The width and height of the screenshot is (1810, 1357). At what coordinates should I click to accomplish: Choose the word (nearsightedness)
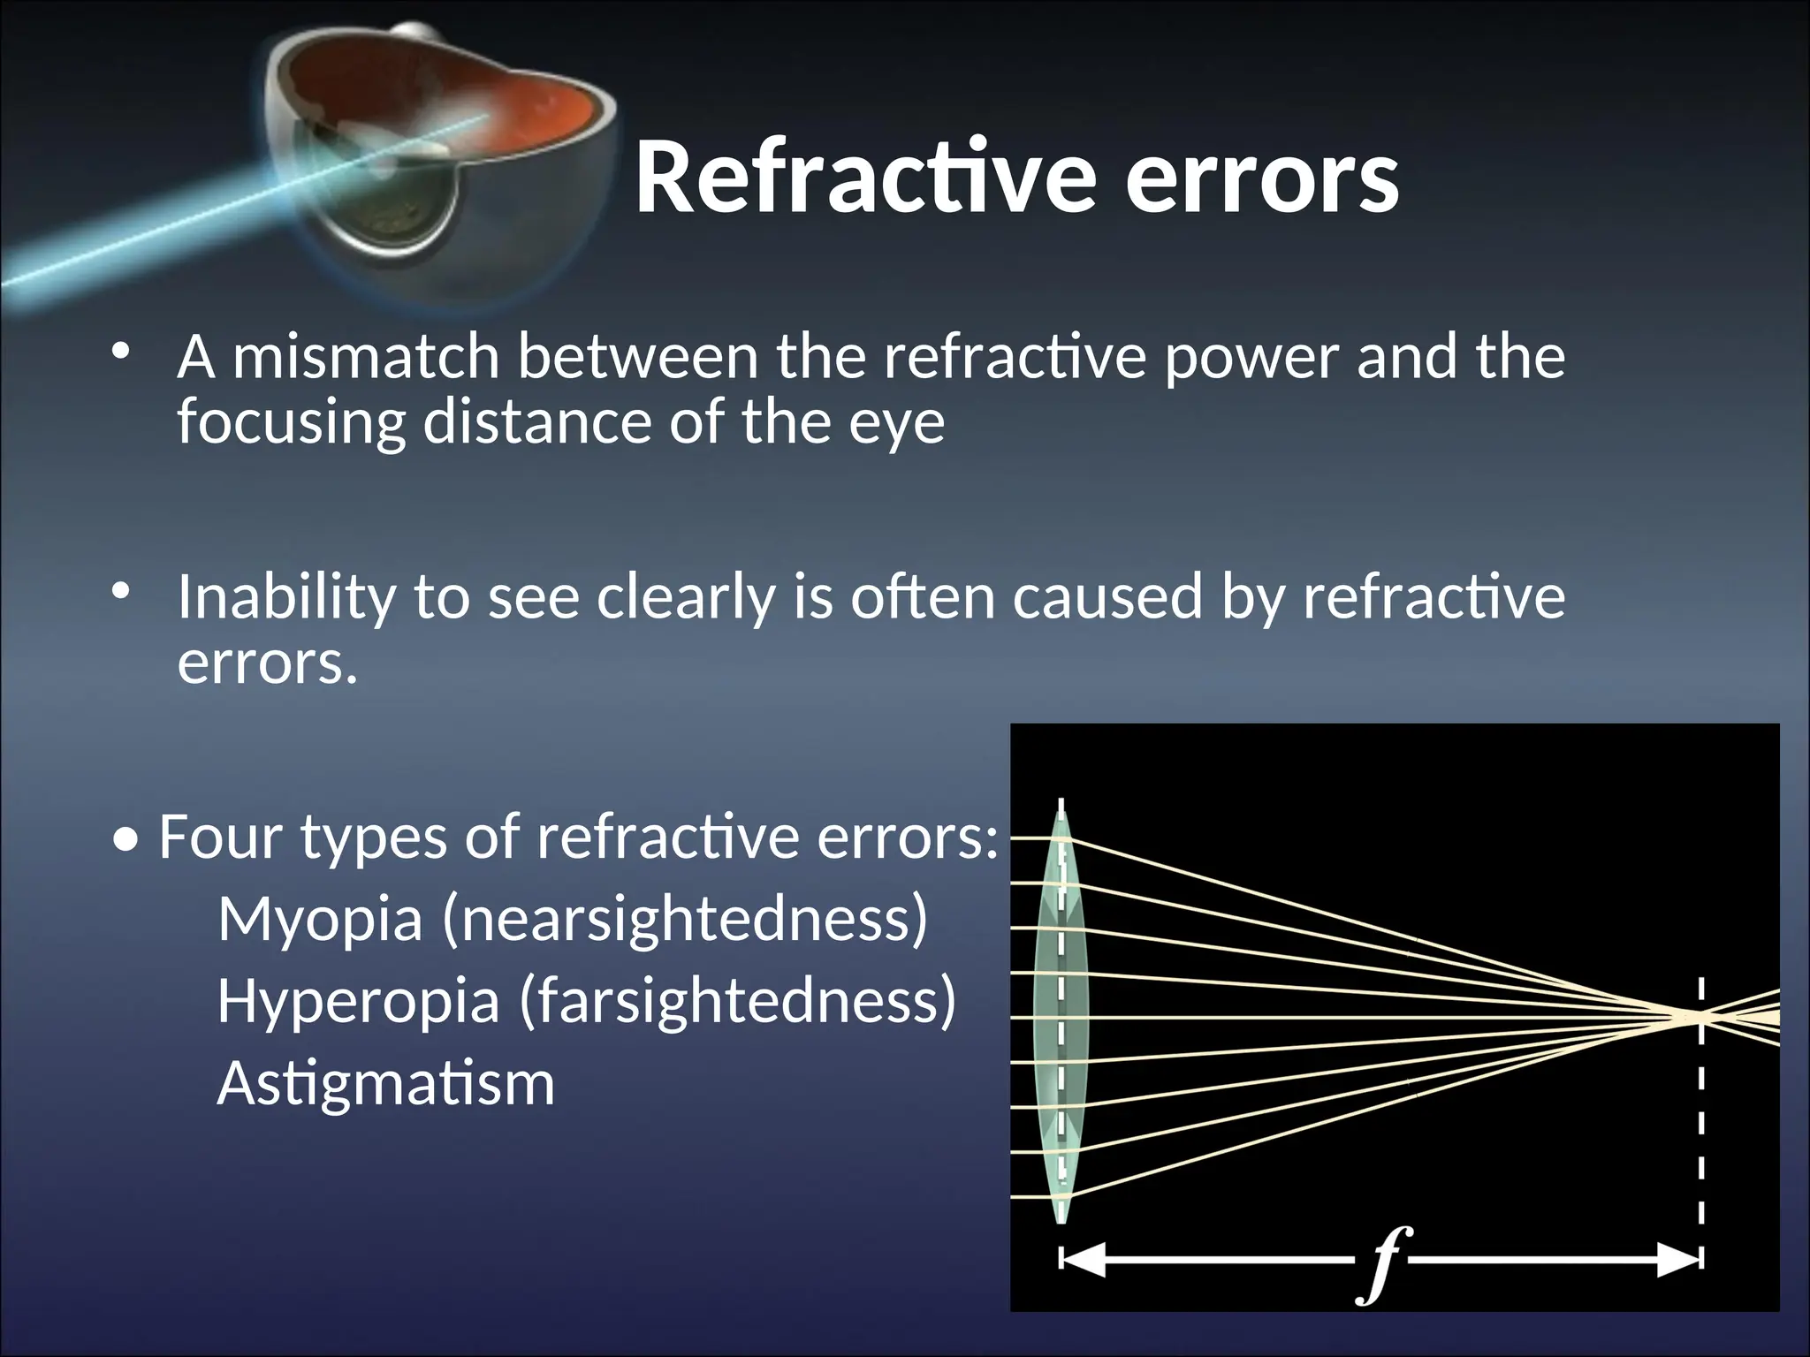pyautogui.click(x=685, y=920)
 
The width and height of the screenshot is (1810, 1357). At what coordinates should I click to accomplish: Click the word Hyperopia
pyautogui.click(x=358, y=1002)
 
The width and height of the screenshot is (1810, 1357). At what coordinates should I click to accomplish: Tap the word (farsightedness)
pyautogui.click(x=738, y=1002)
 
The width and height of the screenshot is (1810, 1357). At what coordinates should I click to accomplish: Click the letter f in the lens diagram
pyautogui.click(x=1382, y=1263)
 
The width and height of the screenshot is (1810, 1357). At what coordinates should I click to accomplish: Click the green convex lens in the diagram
pyautogui.click(x=1061, y=1016)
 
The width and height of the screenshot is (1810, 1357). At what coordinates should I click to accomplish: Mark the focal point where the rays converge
pyautogui.click(x=1699, y=1018)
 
